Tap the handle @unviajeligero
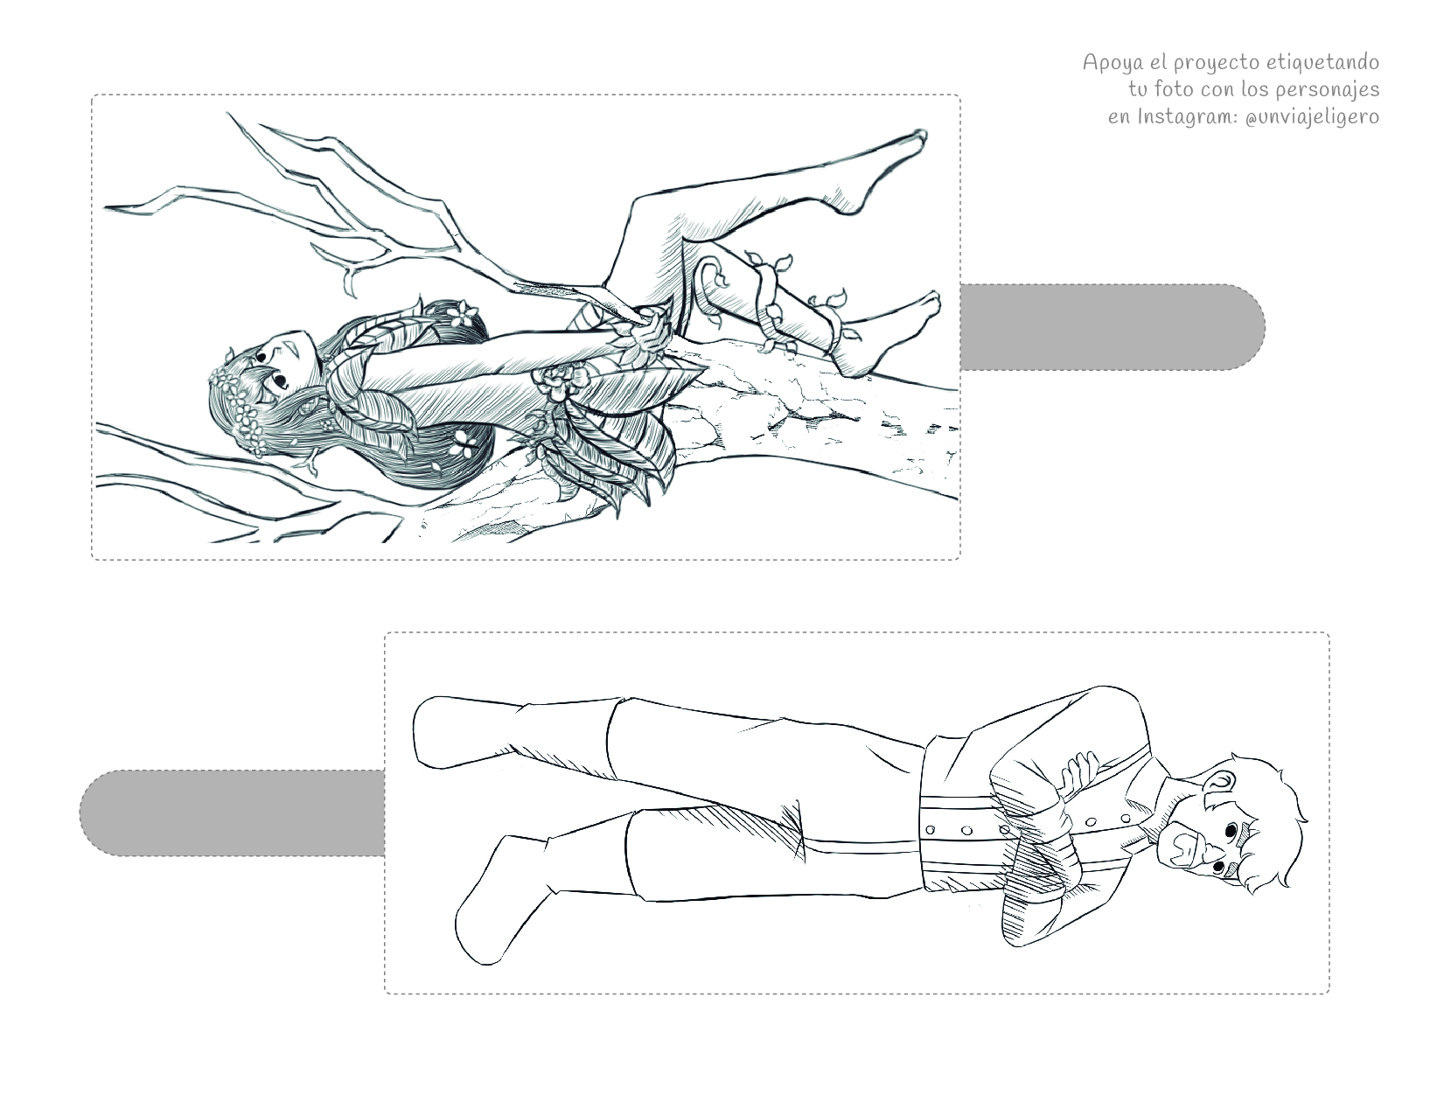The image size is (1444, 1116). (x=1313, y=117)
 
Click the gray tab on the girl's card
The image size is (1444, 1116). (x=1112, y=327)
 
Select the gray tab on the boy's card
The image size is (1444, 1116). (x=232, y=813)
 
